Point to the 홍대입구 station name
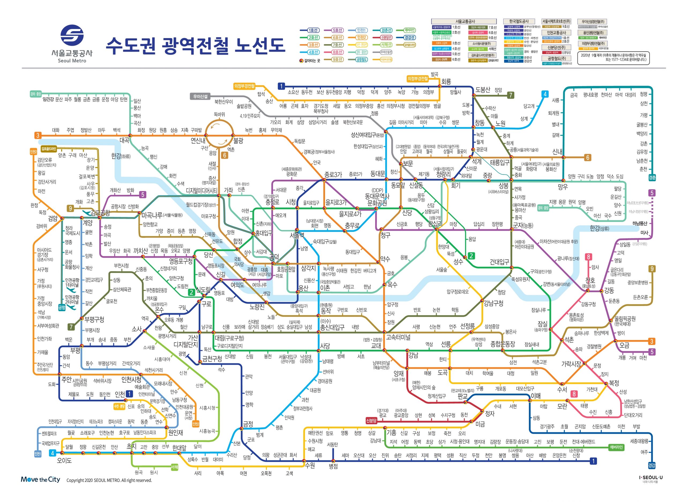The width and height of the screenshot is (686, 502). tap(263, 233)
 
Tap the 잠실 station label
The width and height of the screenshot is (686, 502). tap(542, 323)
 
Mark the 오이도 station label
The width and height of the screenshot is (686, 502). tap(64, 461)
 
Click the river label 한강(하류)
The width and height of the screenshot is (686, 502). tap(121, 156)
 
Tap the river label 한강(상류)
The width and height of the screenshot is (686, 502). tap(599, 228)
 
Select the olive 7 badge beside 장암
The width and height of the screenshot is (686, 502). tap(511, 95)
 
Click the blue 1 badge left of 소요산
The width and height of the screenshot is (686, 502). tap(281, 86)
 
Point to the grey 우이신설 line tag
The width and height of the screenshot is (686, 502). tap(200, 97)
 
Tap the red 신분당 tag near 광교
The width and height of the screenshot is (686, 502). tap(371, 420)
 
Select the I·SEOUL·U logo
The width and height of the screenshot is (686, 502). tap(651, 478)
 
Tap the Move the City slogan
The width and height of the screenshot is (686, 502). tap(40, 479)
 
